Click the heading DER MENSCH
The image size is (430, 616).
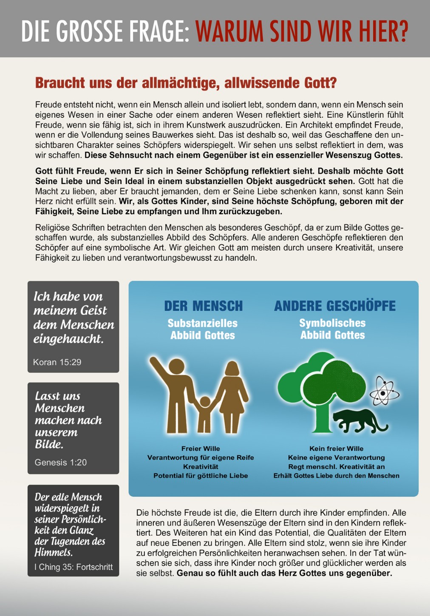coord(203,306)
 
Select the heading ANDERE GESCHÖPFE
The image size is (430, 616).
coord(335,306)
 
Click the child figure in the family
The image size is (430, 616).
coord(205,412)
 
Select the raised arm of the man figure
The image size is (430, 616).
coord(159,367)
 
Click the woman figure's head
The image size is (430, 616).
coord(232,368)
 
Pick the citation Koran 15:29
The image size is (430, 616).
coord(57,362)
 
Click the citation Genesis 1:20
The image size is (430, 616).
coord(60,462)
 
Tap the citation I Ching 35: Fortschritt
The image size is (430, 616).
coord(74,567)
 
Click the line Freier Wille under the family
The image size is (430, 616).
coord(201,449)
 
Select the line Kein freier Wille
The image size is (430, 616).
coord(336,449)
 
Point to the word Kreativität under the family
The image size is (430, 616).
coord(201,466)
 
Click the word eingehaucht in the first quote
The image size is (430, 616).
coord(68,339)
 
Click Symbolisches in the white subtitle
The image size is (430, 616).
coord(332,323)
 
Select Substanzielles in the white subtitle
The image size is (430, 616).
coord(203,323)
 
